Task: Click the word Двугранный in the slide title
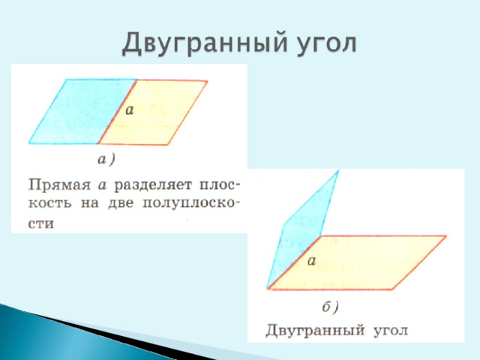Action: (x=205, y=43)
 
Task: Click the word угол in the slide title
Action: (x=327, y=44)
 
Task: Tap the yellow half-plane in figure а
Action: (x=153, y=112)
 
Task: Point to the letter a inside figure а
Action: (x=130, y=109)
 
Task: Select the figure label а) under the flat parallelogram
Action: (x=106, y=160)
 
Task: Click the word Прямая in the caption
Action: (x=59, y=185)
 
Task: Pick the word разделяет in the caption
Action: (x=153, y=185)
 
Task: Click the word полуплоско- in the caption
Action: (x=191, y=203)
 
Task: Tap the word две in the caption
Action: (x=121, y=203)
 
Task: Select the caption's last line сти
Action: (x=40, y=223)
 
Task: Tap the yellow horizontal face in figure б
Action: (x=357, y=262)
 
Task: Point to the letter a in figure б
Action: (x=312, y=261)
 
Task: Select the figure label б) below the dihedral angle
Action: (x=330, y=307)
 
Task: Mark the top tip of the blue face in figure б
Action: (x=338, y=171)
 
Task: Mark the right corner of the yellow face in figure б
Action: (x=446, y=235)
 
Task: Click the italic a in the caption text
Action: (x=102, y=185)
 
